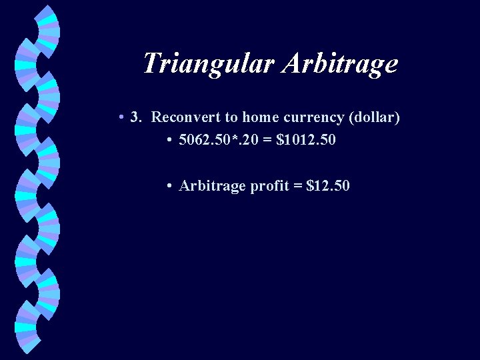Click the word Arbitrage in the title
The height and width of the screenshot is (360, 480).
[x=340, y=63]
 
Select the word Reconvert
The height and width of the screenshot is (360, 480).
[x=186, y=117]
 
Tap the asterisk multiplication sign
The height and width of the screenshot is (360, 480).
[x=231, y=138]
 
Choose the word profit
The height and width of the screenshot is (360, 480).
[x=268, y=186]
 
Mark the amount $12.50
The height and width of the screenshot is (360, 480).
[x=327, y=186]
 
